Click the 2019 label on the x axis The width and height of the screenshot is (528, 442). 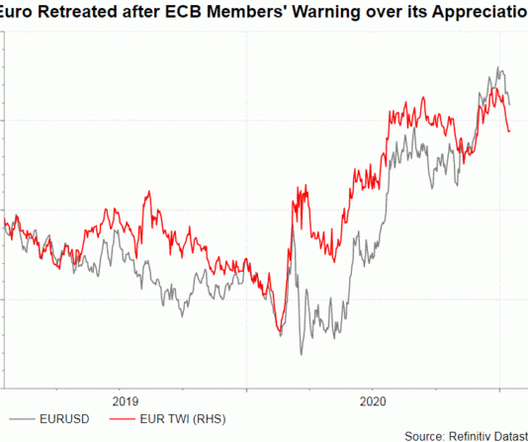click(x=125, y=401)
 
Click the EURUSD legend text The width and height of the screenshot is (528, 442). click(x=68, y=419)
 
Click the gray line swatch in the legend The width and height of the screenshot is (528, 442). click(x=26, y=419)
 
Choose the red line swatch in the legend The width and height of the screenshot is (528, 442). click(x=122, y=419)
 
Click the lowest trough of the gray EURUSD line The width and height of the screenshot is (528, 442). click(x=302, y=353)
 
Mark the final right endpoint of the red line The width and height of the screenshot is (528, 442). click(x=509, y=132)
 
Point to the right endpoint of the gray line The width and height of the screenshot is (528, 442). click(x=510, y=103)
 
